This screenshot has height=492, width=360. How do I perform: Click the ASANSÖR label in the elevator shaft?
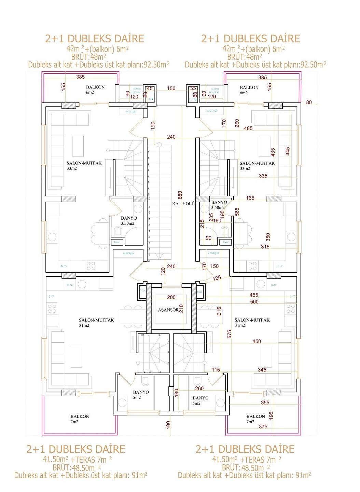pos(168,310)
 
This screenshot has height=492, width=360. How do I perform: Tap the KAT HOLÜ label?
pos(183,204)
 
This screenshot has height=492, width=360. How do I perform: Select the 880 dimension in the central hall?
pos(180,195)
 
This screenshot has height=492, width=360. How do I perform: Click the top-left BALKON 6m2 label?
pos(95,90)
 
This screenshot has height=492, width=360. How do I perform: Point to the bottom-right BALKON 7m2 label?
pos(255,419)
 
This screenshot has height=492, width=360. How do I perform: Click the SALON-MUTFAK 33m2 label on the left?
pos(84,166)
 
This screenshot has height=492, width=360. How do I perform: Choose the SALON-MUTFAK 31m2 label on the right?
pos(252,323)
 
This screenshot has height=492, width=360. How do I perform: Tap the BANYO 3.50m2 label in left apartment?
pos(128,221)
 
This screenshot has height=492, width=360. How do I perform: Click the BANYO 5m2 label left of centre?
pos(141,395)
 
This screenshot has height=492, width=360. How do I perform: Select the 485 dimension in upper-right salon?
pos(248,128)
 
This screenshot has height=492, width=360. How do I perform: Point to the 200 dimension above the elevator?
pos(171,298)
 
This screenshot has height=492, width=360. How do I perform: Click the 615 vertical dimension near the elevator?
pos(219,311)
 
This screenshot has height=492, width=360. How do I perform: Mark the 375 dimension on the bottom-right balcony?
pos(263,426)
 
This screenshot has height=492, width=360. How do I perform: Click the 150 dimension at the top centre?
pos(171,88)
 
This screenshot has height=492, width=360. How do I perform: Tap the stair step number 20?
pos(149,261)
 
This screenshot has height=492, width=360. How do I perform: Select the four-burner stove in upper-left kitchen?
pos(91,266)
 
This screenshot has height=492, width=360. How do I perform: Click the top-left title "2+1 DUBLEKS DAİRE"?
pos(95,39)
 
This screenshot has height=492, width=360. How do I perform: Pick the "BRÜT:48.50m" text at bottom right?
pos(243,468)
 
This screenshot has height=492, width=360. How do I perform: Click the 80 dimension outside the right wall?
pos(309,102)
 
